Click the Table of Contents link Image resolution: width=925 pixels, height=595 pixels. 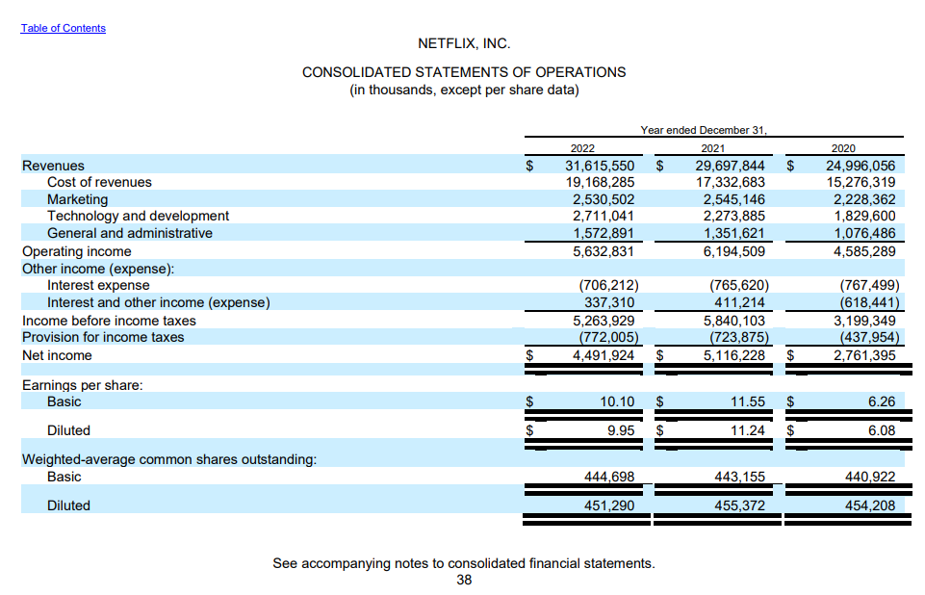pos(64,28)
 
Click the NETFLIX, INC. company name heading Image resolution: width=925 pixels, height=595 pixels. pos(464,43)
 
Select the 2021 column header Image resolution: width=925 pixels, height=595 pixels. pos(713,148)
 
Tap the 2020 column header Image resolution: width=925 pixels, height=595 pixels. pos(842,148)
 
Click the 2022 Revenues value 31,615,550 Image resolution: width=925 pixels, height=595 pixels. pos(599,166)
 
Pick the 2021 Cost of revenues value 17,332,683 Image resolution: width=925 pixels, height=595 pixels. pos(730,182)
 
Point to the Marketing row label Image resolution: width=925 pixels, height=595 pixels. pos(78,199)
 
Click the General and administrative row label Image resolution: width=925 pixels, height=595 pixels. pos(130,233)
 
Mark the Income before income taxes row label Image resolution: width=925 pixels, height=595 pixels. pos(109,321)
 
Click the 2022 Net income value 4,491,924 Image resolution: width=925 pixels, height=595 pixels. pos(603,355)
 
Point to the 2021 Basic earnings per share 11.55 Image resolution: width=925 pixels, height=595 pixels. pos(747,401)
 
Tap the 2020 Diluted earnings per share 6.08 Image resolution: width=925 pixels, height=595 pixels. pos(881,430)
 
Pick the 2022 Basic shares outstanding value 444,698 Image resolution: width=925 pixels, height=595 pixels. pos(609,477)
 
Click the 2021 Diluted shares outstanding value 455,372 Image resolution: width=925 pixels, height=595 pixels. pos(740,505)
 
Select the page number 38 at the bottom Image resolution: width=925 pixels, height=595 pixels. pos(464,580)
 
